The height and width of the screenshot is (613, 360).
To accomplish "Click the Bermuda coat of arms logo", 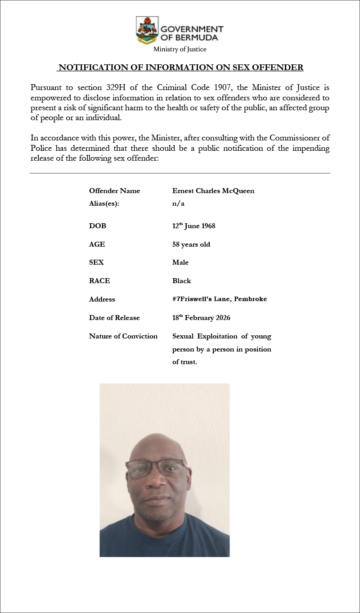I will (x=147, y=29).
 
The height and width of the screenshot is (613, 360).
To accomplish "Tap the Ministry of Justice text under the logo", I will (x=180, y=50).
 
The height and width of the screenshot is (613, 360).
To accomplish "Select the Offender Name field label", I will (x=114, y=191).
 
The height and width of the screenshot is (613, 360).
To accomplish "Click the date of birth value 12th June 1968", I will (x=193, y=225).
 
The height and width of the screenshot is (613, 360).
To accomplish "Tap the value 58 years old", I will (x=191, y=244).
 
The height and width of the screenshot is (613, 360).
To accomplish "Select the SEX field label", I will (x=96, y=262).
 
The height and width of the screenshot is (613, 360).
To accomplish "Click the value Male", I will (x=180, y=262).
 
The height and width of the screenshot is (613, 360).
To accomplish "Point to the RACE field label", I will (x=99, y=281).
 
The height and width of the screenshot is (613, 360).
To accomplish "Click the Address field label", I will (x=102, y=299).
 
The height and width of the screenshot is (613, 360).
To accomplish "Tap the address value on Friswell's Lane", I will (x=219, y=299).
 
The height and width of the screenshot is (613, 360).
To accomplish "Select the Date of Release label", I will (x=114, y=318).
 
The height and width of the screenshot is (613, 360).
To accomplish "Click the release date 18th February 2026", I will (x=201, y=318).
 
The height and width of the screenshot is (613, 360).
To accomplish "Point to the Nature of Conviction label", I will (x=123, y=336).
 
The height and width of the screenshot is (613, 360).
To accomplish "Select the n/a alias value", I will (x=178, y=203).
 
